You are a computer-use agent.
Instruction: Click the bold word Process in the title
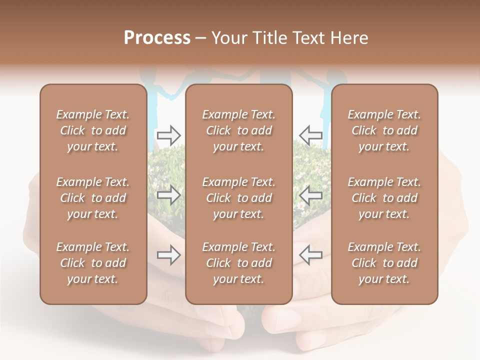[157, 38]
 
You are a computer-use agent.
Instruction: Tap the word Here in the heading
[349, 38]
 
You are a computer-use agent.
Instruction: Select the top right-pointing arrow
[168, 135]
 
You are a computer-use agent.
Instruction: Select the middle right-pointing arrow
[168, 195]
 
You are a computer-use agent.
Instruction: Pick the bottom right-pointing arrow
[168, 255]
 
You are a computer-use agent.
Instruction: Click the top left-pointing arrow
[310, 135]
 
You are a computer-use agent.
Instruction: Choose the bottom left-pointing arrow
[310, 255]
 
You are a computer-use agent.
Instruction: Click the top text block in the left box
[93, 130]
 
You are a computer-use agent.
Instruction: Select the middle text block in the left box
[93, 198]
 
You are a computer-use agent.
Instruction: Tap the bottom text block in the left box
[93, 263]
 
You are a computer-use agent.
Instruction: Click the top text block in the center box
[238, 130]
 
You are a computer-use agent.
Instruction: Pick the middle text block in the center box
[238, 198]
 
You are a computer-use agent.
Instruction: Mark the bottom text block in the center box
[238, 263]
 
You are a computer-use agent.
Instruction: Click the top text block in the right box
[384, 130]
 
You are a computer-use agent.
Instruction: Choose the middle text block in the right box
[384, 198]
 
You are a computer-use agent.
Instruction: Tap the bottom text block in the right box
[384, 263]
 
